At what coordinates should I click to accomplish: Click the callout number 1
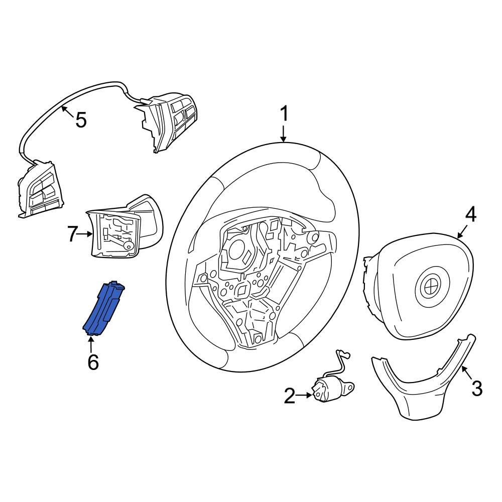[284, 114]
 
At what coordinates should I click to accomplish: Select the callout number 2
[290, 396]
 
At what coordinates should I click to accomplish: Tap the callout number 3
[476, 388]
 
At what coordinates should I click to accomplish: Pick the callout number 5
[80, 120]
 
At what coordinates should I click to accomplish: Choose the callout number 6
[93, 361]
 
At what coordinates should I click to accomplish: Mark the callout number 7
[73, 233]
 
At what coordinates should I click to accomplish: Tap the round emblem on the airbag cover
[430, 288]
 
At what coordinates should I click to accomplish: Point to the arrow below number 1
[284, 134]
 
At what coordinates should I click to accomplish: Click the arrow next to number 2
[305, 396]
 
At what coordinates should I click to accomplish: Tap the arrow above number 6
[91, 344]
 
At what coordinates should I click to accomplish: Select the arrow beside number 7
[86, 233]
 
